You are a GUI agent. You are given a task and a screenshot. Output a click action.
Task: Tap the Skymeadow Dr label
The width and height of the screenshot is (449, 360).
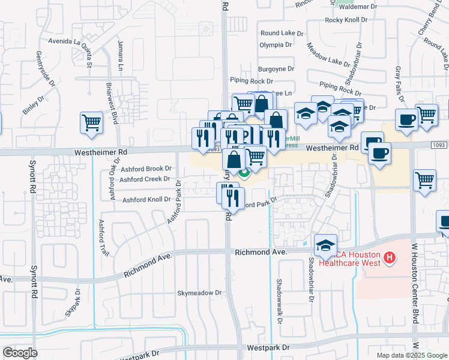click(x=199, y=293)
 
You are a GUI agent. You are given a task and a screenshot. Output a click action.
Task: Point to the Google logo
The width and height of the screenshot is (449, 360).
click(x=20, y=353)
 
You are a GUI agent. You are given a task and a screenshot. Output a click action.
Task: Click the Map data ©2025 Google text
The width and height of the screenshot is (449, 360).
click(x=412, y=355)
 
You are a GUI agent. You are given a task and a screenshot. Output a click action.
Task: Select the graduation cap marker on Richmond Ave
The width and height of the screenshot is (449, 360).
click(x=325, y=245)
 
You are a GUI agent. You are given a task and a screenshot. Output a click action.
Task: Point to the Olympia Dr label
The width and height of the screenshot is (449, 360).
click(x=276, y=44)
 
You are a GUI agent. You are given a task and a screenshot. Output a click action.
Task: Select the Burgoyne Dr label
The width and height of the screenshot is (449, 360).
click(x=276, y=69)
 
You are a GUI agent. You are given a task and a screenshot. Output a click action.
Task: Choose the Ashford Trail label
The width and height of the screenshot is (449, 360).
click(x=101, y=238)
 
